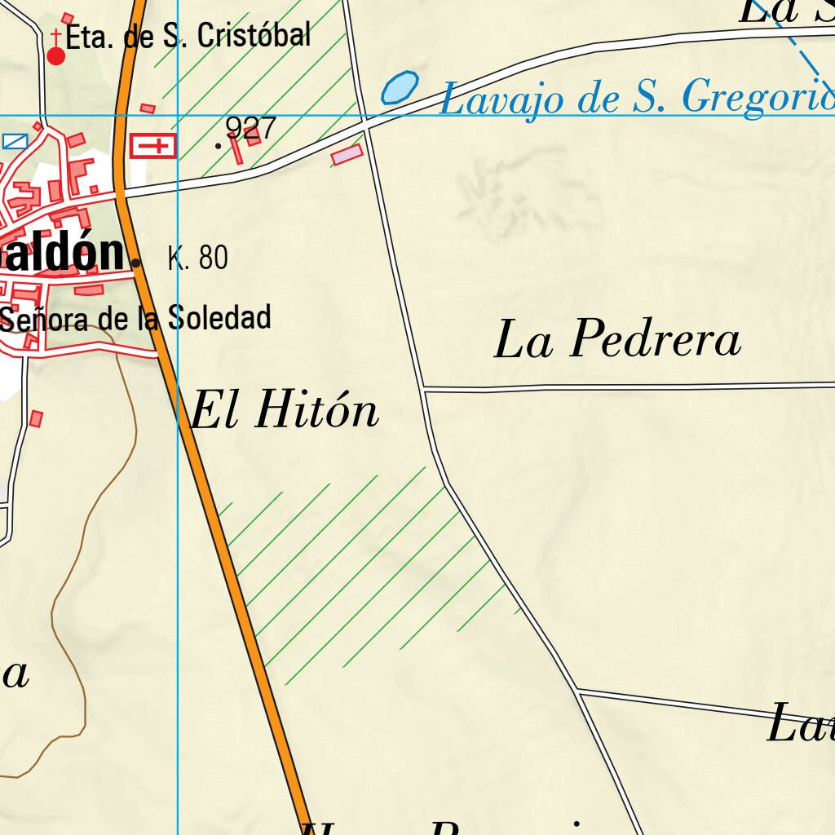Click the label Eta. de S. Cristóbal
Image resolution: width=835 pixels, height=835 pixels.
click(x=188, y=36)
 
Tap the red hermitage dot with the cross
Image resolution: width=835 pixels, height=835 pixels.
click(x=55, y=55)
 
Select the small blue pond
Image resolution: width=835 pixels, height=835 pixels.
click(x=400, y=87)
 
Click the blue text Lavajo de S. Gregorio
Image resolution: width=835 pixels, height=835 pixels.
click(x=636, y=98)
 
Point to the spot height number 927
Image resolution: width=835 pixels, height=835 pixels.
click(x=250, y=128)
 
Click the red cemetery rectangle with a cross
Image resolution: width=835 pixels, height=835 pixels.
click(x=153, y=146)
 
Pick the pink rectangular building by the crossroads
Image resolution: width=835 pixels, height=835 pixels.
click(x=347, y=154)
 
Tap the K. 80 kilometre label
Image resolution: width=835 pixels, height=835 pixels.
click(x=197, y=258)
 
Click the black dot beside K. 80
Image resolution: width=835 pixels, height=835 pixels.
click(x=135, y=263)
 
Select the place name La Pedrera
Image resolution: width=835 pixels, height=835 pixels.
click(x=617, y=340)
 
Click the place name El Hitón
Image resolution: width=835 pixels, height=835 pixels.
click(x=285, y=410)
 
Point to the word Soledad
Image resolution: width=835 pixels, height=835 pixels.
click(x=219, y=318)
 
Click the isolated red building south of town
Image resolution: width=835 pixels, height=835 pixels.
click(x=36, y=418)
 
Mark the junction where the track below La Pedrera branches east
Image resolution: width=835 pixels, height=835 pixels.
click(x=424, y=389)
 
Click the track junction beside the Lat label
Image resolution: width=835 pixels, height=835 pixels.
click(x=577, y=691)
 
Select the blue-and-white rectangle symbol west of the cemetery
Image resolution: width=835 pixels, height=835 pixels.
click(x=14, y=141)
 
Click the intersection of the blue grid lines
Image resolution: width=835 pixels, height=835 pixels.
click(x=178, y=115)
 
